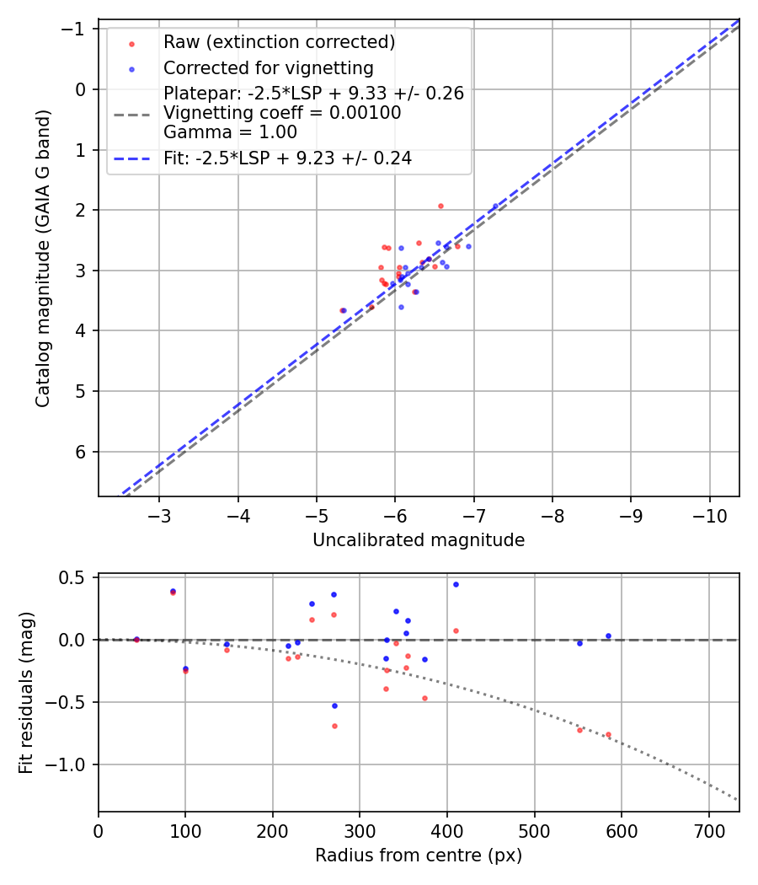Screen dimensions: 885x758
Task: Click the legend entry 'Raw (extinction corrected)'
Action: (x=279, y=42)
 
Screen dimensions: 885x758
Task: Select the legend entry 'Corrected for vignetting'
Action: (x=268, y=67)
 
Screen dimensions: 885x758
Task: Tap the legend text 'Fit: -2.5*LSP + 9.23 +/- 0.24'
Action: (x=287, y=158)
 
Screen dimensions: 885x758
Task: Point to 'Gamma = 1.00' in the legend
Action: (x=230, y=131)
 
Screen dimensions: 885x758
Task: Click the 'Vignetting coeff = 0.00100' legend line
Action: (x=282, y=112)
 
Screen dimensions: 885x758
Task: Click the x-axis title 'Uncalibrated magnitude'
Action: (x=419, y=540)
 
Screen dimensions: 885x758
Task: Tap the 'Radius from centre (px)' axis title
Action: (x=419, y=855)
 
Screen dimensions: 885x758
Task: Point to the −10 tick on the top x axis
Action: (x=709, y=516)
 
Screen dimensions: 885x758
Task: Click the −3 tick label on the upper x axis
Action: (x=160, y=516)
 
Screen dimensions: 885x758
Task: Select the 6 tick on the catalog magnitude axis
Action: (x=82, y=452)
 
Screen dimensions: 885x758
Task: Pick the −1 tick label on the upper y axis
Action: (x=77, y=29)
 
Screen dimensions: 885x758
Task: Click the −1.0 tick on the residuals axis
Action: (x=73, y=764)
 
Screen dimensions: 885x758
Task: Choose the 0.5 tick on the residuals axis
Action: (x=77, y=577)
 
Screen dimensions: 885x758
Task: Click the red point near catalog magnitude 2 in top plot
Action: (x=440, y=206)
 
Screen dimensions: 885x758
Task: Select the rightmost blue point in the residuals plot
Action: (x=608, y=636)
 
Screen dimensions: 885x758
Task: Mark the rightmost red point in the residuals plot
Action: (x=608, y=735)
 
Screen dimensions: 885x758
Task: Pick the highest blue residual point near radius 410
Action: (x=456, y=584)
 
